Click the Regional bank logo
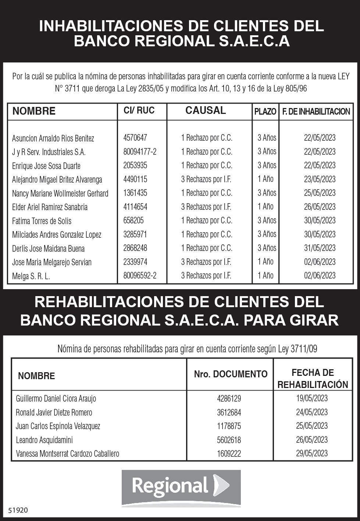[181, 487]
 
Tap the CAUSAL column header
[205, 110]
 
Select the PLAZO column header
[265, 112]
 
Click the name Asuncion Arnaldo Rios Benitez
[53, 139]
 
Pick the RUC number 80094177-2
[140, 152]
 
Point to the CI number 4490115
[135, 179]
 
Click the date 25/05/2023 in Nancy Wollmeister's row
[320, 193]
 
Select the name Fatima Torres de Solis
[42, 221]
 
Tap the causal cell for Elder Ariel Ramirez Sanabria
[206, 207]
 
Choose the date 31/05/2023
[320, 248]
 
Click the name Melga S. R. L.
[31, 276]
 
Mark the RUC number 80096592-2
[140, 276]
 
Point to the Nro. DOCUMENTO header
[231, 374]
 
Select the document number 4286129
[229, 399]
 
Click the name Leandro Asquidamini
[44, 440]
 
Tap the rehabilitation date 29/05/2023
[311, 453]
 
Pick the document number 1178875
[229, 426]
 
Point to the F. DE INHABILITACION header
[316, 112]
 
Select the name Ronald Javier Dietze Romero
[54, 413]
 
